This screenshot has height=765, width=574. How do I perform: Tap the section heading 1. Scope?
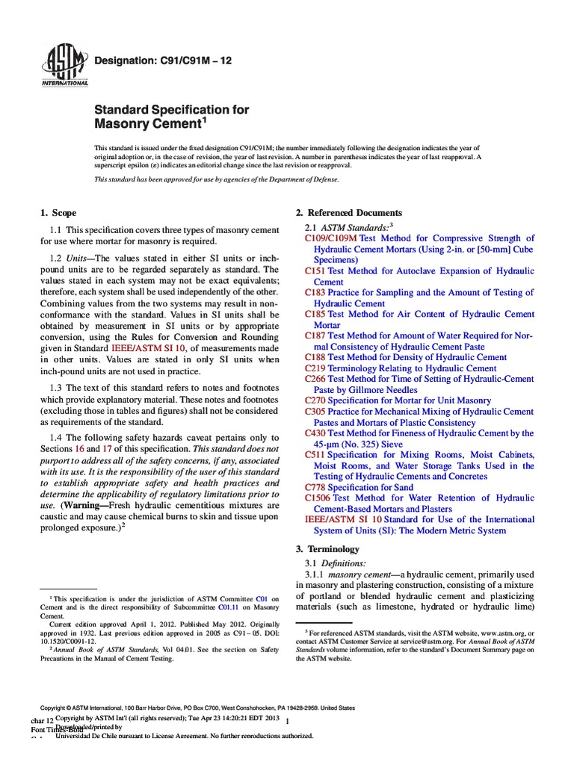point(58,213)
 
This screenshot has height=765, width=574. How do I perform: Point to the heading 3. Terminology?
point(328,549)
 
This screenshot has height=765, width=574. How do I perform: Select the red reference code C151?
point(315,271)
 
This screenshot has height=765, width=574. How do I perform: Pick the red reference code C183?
point(315,293)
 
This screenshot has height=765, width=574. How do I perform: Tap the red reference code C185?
point(315,315)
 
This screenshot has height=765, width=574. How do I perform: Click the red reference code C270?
point(315,400)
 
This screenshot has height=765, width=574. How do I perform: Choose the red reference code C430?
point(315,433)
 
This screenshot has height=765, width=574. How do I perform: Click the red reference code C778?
point(315,487)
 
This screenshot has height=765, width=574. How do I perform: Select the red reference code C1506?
point(318,498)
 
